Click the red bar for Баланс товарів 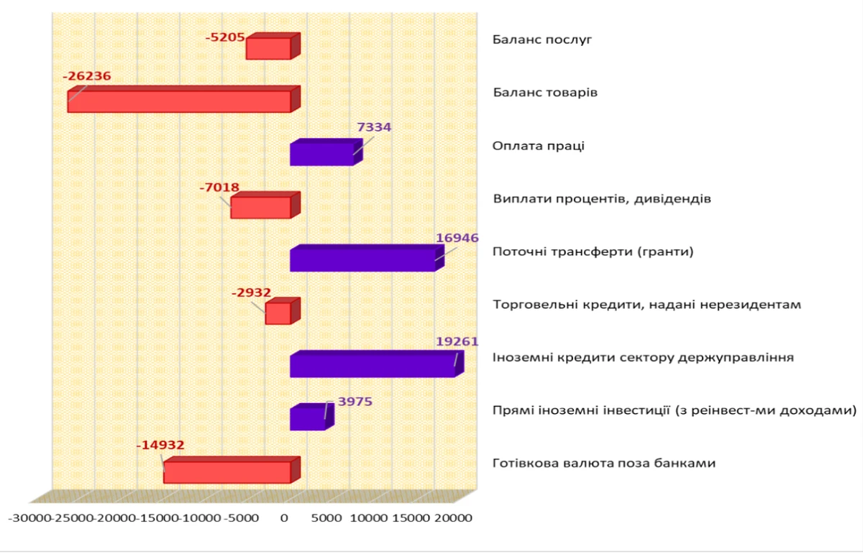[179, 101]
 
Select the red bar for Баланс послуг [268, 49]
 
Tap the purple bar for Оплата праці [321, 154]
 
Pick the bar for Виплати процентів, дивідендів [260, 208]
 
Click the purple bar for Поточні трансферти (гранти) [362, 260]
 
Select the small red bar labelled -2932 [278, 313]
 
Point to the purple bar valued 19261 [372, 366]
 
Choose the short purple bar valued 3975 [307, 419]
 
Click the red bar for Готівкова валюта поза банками [227, 472]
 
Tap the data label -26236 [87, 76]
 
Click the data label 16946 [457, 238]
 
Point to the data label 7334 [374, 127]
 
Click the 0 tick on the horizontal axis [285, 517]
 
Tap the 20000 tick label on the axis [452, 517]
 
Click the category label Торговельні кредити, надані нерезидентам [647, 305]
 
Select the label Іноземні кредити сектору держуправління [643, 357]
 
